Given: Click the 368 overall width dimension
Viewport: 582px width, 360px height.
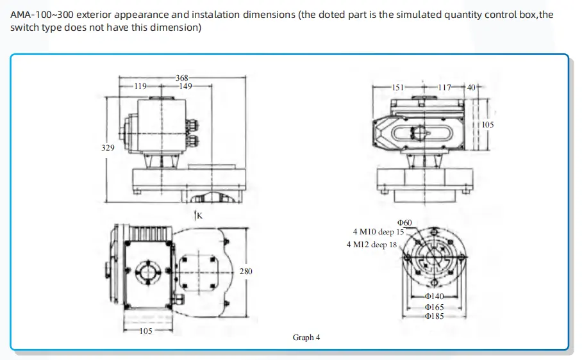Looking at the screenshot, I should pos(182,78).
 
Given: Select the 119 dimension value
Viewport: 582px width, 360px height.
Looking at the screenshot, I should pos(140,86).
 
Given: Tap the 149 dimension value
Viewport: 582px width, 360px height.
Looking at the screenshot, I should pos(186,86).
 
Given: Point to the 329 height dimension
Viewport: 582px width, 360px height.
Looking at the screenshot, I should pos(108,147).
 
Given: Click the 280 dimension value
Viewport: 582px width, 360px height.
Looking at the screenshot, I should pos(245,271).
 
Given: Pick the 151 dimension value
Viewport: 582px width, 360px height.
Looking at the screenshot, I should pos(398,87).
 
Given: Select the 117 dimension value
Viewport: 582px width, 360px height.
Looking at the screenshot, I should pos(445,87).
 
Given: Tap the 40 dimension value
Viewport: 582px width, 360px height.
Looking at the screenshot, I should pos(471,87).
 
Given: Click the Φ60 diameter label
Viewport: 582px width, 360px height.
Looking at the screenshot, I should pos(404,222).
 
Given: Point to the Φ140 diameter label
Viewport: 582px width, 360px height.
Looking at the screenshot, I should pos(434,297).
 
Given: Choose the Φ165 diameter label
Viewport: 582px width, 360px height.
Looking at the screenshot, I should pos(434,307).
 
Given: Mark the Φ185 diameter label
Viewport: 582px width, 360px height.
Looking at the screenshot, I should pos(434,316).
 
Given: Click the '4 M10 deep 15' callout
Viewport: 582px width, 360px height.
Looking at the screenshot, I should pos(378,232).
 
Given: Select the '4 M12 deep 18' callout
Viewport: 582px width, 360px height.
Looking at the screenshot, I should pos(372,244).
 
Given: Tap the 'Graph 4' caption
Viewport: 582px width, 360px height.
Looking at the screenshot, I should pos(306,338).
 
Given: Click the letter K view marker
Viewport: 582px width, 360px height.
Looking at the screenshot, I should pos(199,215).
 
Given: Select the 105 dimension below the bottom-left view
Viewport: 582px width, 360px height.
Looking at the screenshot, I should pos(145,331).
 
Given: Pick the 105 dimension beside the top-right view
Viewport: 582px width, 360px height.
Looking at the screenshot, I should pos(488,124).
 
